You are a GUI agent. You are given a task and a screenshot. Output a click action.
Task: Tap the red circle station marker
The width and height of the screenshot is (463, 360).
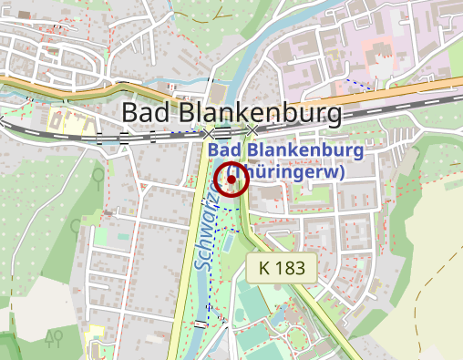tap(231, 180)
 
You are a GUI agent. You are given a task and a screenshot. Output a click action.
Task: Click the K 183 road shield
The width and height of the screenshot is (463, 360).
tap(282, 268)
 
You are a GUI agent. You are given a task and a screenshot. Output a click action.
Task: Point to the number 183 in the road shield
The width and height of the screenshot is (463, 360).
tap(291, 268)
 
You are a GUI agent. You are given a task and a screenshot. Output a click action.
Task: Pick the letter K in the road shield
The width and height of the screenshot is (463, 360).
tap(264, 268)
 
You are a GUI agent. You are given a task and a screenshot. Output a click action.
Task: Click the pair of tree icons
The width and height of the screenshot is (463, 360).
tap(55, 338)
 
